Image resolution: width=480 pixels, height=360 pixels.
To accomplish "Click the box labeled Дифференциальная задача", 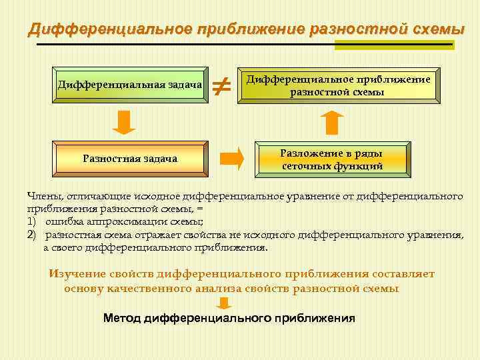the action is (x=130, y=85).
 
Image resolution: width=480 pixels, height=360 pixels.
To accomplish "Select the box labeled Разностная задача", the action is (x=130, y=159).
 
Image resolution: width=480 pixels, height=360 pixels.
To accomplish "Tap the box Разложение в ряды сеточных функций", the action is (x=332, y=159).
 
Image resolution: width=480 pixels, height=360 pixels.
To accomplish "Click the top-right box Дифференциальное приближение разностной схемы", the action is (x=339, y=85).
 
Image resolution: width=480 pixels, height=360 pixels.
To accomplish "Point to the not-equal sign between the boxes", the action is (x=221, y=85).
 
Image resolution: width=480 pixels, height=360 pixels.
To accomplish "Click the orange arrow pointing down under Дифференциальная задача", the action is (x=123, y=122).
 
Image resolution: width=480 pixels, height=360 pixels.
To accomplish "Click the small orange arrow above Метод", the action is (x=225, y=304).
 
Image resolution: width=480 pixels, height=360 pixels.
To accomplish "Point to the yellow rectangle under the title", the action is (x=394, y=44).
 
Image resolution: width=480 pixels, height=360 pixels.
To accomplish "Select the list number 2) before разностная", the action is (x=32, y=235).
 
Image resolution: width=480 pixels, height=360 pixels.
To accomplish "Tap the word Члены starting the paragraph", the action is (x=44, y=197).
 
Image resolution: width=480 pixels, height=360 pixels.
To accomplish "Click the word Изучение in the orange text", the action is (x=79, y=273).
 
